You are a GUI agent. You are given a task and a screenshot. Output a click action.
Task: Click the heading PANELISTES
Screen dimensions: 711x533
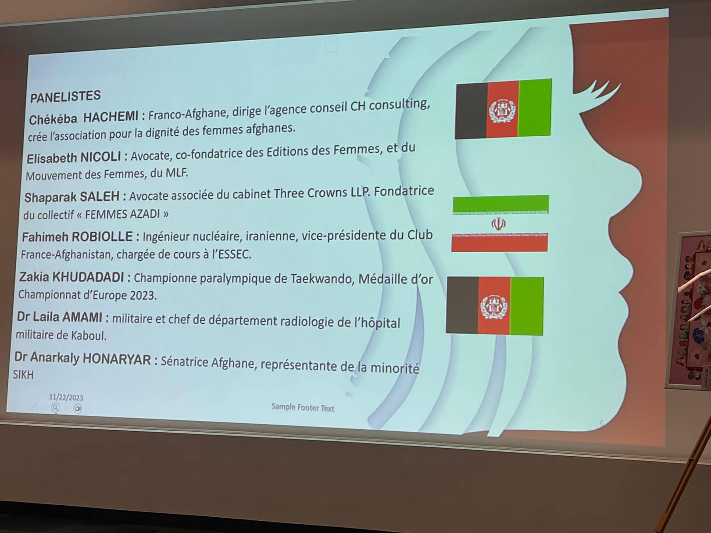click(65, 96)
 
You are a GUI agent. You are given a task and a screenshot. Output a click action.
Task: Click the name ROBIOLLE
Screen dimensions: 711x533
click(102, 237)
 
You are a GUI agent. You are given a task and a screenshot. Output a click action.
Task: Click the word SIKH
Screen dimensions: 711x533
click(23, 375)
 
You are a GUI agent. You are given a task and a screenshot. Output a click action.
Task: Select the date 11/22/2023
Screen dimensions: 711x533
click(66, 397)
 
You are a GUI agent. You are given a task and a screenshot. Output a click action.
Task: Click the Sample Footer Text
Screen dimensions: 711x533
click(303, 407)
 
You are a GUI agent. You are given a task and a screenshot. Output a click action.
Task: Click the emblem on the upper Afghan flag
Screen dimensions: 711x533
click(502, 111)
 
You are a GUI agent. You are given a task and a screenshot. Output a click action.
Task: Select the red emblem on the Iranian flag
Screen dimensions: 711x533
click(498, 224)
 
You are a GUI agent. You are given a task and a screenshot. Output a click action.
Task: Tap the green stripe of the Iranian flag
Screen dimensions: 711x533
click(501, 204)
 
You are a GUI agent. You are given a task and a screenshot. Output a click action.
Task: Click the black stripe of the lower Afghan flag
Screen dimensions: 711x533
click(462, 305)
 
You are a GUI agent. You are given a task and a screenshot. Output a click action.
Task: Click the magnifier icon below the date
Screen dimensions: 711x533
click(55, 408)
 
